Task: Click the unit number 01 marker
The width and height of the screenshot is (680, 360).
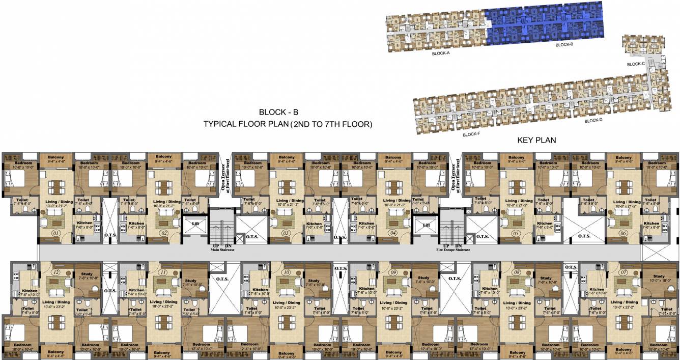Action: (x=56, y=233)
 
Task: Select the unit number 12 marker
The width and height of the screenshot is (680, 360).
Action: (x=56, y=273)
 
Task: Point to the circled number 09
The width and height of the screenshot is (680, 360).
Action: (x=393, y=273)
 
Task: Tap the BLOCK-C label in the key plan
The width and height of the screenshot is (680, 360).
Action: (x=636, y=64)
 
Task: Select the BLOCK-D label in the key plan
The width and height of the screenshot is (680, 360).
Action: (x=593, y=121)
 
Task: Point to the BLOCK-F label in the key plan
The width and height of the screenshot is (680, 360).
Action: (x=471, y=135)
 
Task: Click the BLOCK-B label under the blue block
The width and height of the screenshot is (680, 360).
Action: (x=564, y=45)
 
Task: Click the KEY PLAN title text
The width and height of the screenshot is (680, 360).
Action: (x=536, y=140)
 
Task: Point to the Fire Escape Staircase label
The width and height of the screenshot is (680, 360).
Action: (x=453, y=250)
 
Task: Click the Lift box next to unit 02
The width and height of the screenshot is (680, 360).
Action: (x=195, y=224)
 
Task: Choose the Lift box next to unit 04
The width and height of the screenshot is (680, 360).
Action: (x=424, y=224)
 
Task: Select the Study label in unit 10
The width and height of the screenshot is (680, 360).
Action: (x=314, y=281)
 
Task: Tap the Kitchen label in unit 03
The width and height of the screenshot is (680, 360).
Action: (x=314, y=224)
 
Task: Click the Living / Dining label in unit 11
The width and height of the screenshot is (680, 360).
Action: (x=163, y=302)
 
